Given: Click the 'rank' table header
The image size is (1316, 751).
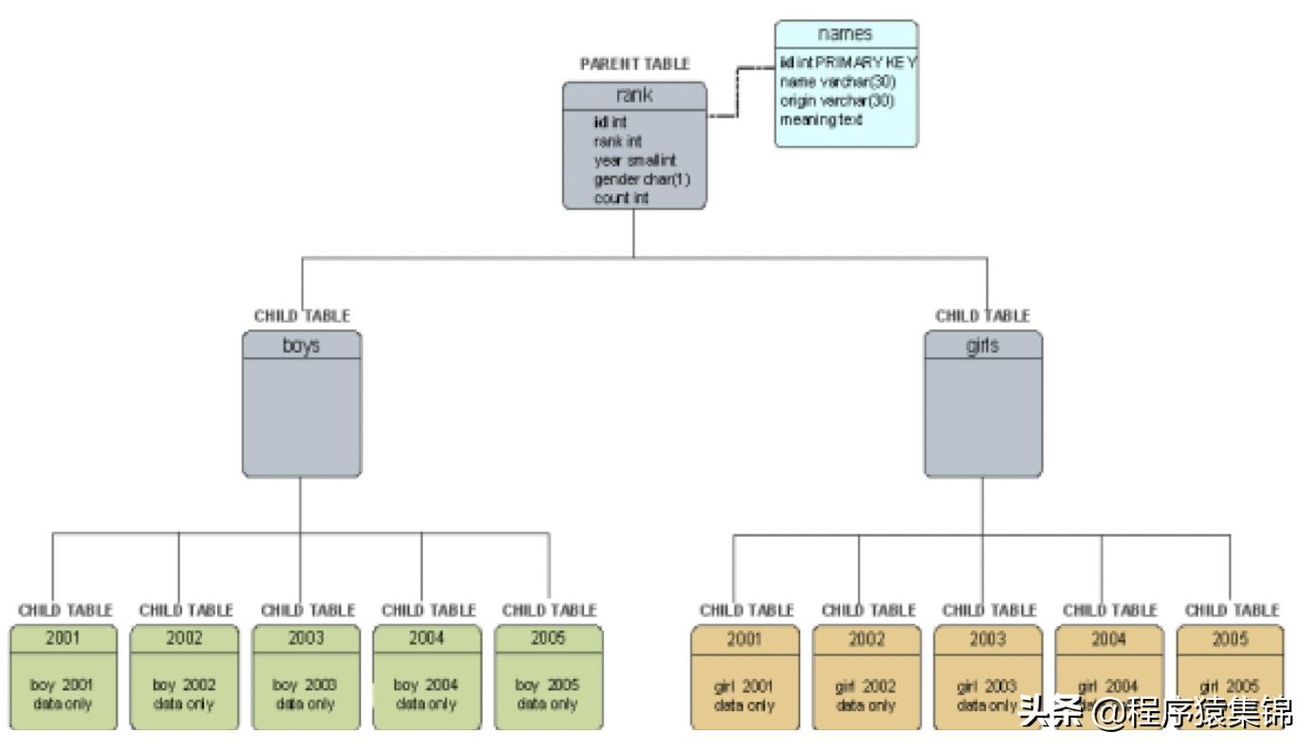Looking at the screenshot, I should tap(634, 95).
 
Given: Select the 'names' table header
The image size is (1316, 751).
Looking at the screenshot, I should tap(847, 33).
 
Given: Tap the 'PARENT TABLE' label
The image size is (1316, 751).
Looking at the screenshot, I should tap(634, 64).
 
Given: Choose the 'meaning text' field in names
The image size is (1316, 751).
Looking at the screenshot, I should tap(821, 119).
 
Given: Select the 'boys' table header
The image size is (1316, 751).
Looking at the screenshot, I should tap(302, 346).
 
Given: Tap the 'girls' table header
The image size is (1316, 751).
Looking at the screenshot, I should tap(982, 346).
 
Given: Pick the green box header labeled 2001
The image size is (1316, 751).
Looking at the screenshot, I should tap(64, 637).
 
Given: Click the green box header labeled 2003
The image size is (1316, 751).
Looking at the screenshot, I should tap(306, 637).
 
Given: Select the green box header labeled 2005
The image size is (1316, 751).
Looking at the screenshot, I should tap(549, 637).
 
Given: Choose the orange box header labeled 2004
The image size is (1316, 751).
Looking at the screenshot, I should tap(1108, 637).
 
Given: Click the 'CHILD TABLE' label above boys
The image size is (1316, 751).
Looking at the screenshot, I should tap(302, 316).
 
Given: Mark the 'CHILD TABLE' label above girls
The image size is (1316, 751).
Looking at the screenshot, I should tap(982, 316).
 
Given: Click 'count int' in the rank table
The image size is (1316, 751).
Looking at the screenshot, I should tap(621, 198).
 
